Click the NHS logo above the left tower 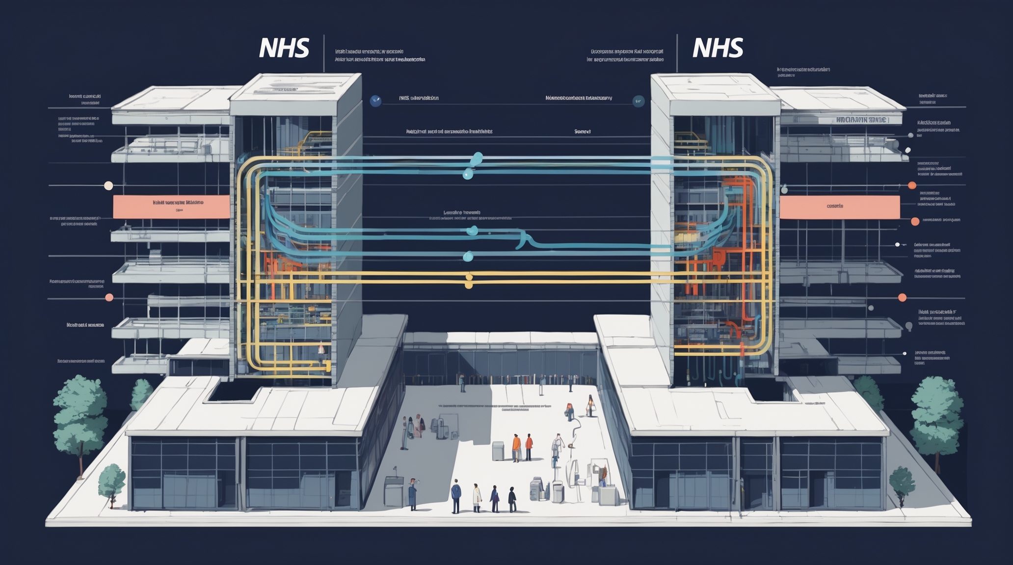(284, 48)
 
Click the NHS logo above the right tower (718, 48)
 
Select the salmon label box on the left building (171, 206)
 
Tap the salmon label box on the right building (839, 206)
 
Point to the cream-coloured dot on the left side (108, 185)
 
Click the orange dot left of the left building (109, 297)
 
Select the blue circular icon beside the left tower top (375, 101)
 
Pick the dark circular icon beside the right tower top (639, 101)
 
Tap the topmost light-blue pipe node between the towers (477, 158)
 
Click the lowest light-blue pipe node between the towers (468, 256)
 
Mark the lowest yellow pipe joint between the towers (468, 284)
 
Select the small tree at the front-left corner (112, 481)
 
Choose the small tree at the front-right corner (902, 481)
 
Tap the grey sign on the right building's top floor (860, 120)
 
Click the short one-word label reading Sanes (582, 131)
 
